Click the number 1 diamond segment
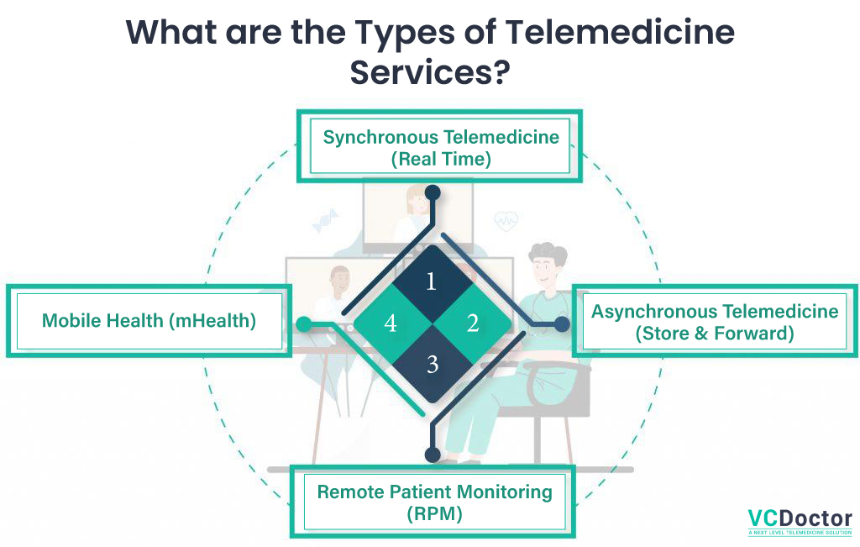[433, 282]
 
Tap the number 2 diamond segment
[473, 323]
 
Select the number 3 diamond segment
[433, 364]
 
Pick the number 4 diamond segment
[391, 323]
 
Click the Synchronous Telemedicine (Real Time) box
[439, 146]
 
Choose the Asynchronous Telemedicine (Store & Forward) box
[715, 322]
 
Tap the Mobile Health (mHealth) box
[149, 321]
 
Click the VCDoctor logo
[800, 522]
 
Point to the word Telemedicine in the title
[620, 32]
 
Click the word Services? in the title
[430, 72]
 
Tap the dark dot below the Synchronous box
[433, 192]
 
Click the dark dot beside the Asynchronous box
[562, 324]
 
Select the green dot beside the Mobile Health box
[304, 324]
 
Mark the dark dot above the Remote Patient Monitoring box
[433, 455]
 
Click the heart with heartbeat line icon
[506, 221]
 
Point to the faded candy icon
[325, 220]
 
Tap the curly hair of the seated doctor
[548, 252]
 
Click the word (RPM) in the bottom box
[434, 514]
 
